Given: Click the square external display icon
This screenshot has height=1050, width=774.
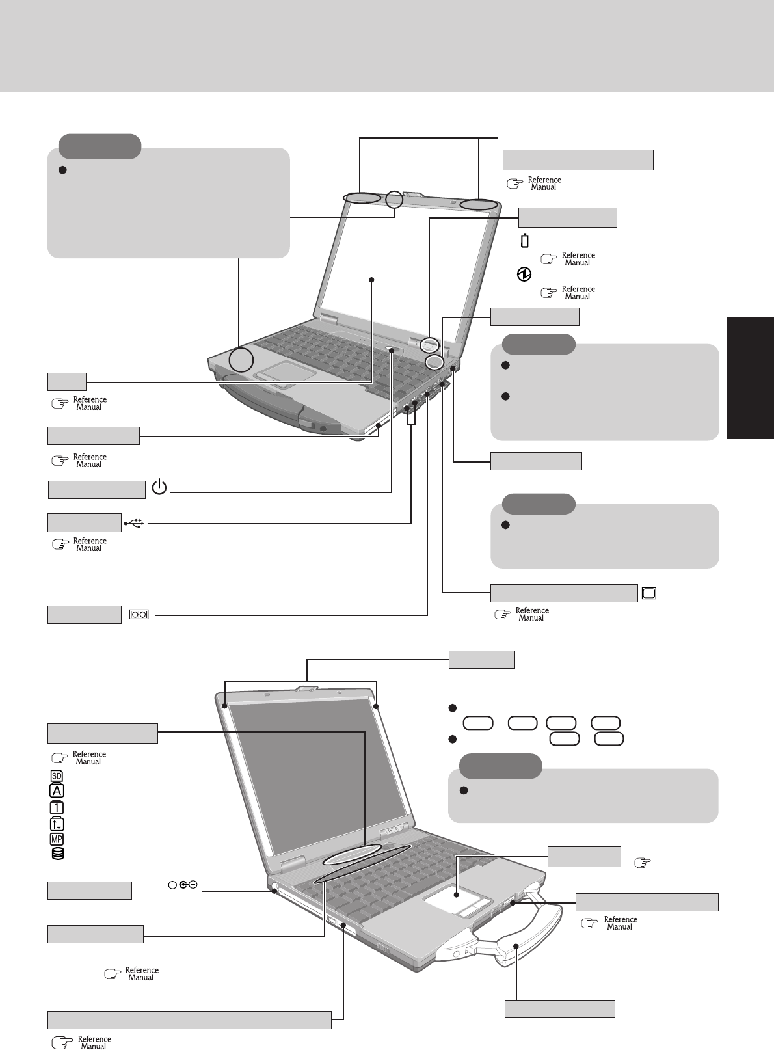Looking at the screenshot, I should click(649, 593).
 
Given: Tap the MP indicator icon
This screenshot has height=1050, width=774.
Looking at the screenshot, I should click(57, 839).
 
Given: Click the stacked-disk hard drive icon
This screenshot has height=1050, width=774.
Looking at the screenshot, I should click(57, 854).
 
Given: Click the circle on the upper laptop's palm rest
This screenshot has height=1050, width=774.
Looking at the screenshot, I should click(241, 360).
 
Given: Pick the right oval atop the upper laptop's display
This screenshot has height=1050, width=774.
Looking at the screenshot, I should click(478, 205).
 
